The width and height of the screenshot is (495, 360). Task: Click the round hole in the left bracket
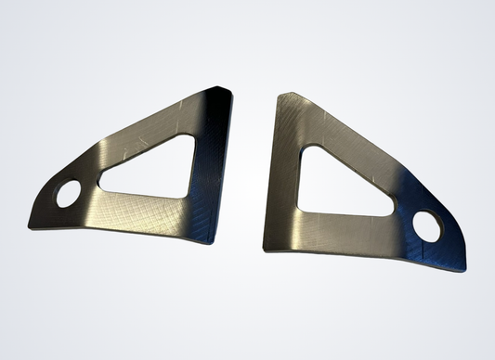69,196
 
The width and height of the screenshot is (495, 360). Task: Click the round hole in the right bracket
428,225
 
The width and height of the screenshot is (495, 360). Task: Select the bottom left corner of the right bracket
266,248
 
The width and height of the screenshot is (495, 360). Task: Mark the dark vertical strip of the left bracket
212,167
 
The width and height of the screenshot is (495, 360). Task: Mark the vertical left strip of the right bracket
280,176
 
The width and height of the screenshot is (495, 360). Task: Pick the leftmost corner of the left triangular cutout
101,187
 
